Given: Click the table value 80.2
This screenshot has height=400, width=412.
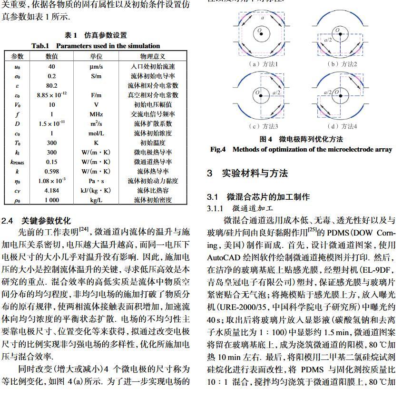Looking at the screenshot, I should coord(51,86).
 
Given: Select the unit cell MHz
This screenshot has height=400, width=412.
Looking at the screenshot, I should coord(96,114).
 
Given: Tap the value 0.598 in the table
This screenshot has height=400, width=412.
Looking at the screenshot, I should coord(51,172).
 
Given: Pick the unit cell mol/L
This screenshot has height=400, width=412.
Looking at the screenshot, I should coord(96,133).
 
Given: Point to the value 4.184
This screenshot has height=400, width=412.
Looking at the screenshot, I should coord(51,191).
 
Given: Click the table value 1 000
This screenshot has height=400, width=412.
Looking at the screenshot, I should coord(51,200).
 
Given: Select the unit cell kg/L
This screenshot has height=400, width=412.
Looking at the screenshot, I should coord(96,200).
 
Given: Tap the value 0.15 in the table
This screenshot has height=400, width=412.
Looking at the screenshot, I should coord(51,162).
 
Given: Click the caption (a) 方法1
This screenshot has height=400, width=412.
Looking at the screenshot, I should coord(264,64).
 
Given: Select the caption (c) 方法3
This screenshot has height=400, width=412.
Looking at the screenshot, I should coord(264,126).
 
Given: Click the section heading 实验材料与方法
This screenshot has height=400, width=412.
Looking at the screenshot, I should coord(255,173).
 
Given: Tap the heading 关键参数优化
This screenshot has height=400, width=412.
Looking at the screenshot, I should coord(46,221).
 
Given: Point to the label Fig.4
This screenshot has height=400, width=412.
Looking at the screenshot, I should coord(218,149).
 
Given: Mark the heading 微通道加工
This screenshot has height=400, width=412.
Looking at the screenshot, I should coord(253,208).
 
